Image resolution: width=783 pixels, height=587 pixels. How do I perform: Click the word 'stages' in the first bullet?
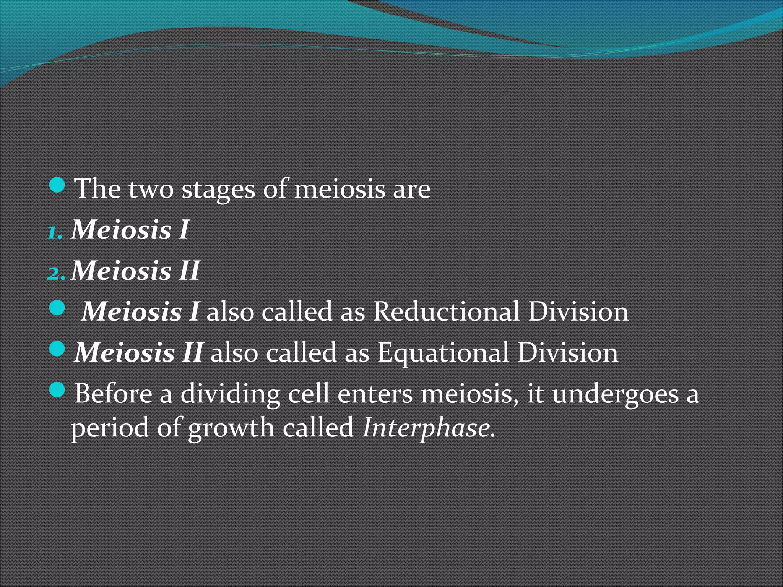click(x=218, y=190)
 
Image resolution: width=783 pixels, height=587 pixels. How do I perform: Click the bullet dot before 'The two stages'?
click(x=57, y=185)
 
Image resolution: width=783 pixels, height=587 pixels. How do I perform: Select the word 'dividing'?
click(x=230, y=394)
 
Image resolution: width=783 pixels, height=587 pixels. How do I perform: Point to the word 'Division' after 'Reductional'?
click(x=578, y=311)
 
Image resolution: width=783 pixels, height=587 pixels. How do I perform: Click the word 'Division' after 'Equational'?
click(x=567, y=352)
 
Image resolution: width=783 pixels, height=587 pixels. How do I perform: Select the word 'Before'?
click(x=113, y=394)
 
